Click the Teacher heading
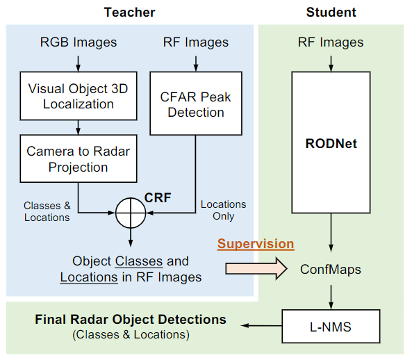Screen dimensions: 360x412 129,12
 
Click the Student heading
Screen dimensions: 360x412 331,12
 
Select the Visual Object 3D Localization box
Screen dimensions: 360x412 79,96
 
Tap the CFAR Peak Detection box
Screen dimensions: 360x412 196,104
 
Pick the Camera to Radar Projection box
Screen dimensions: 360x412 79,159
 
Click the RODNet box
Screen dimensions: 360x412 331,145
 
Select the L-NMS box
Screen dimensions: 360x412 331,325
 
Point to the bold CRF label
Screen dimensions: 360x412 158,197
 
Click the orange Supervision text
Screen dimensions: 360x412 256,244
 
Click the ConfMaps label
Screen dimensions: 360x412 331,269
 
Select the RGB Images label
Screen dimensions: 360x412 79,42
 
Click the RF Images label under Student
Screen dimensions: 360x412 331,42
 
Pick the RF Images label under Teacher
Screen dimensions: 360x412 196,42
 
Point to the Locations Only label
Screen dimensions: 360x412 223,210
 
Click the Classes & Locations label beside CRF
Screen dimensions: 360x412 47,212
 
